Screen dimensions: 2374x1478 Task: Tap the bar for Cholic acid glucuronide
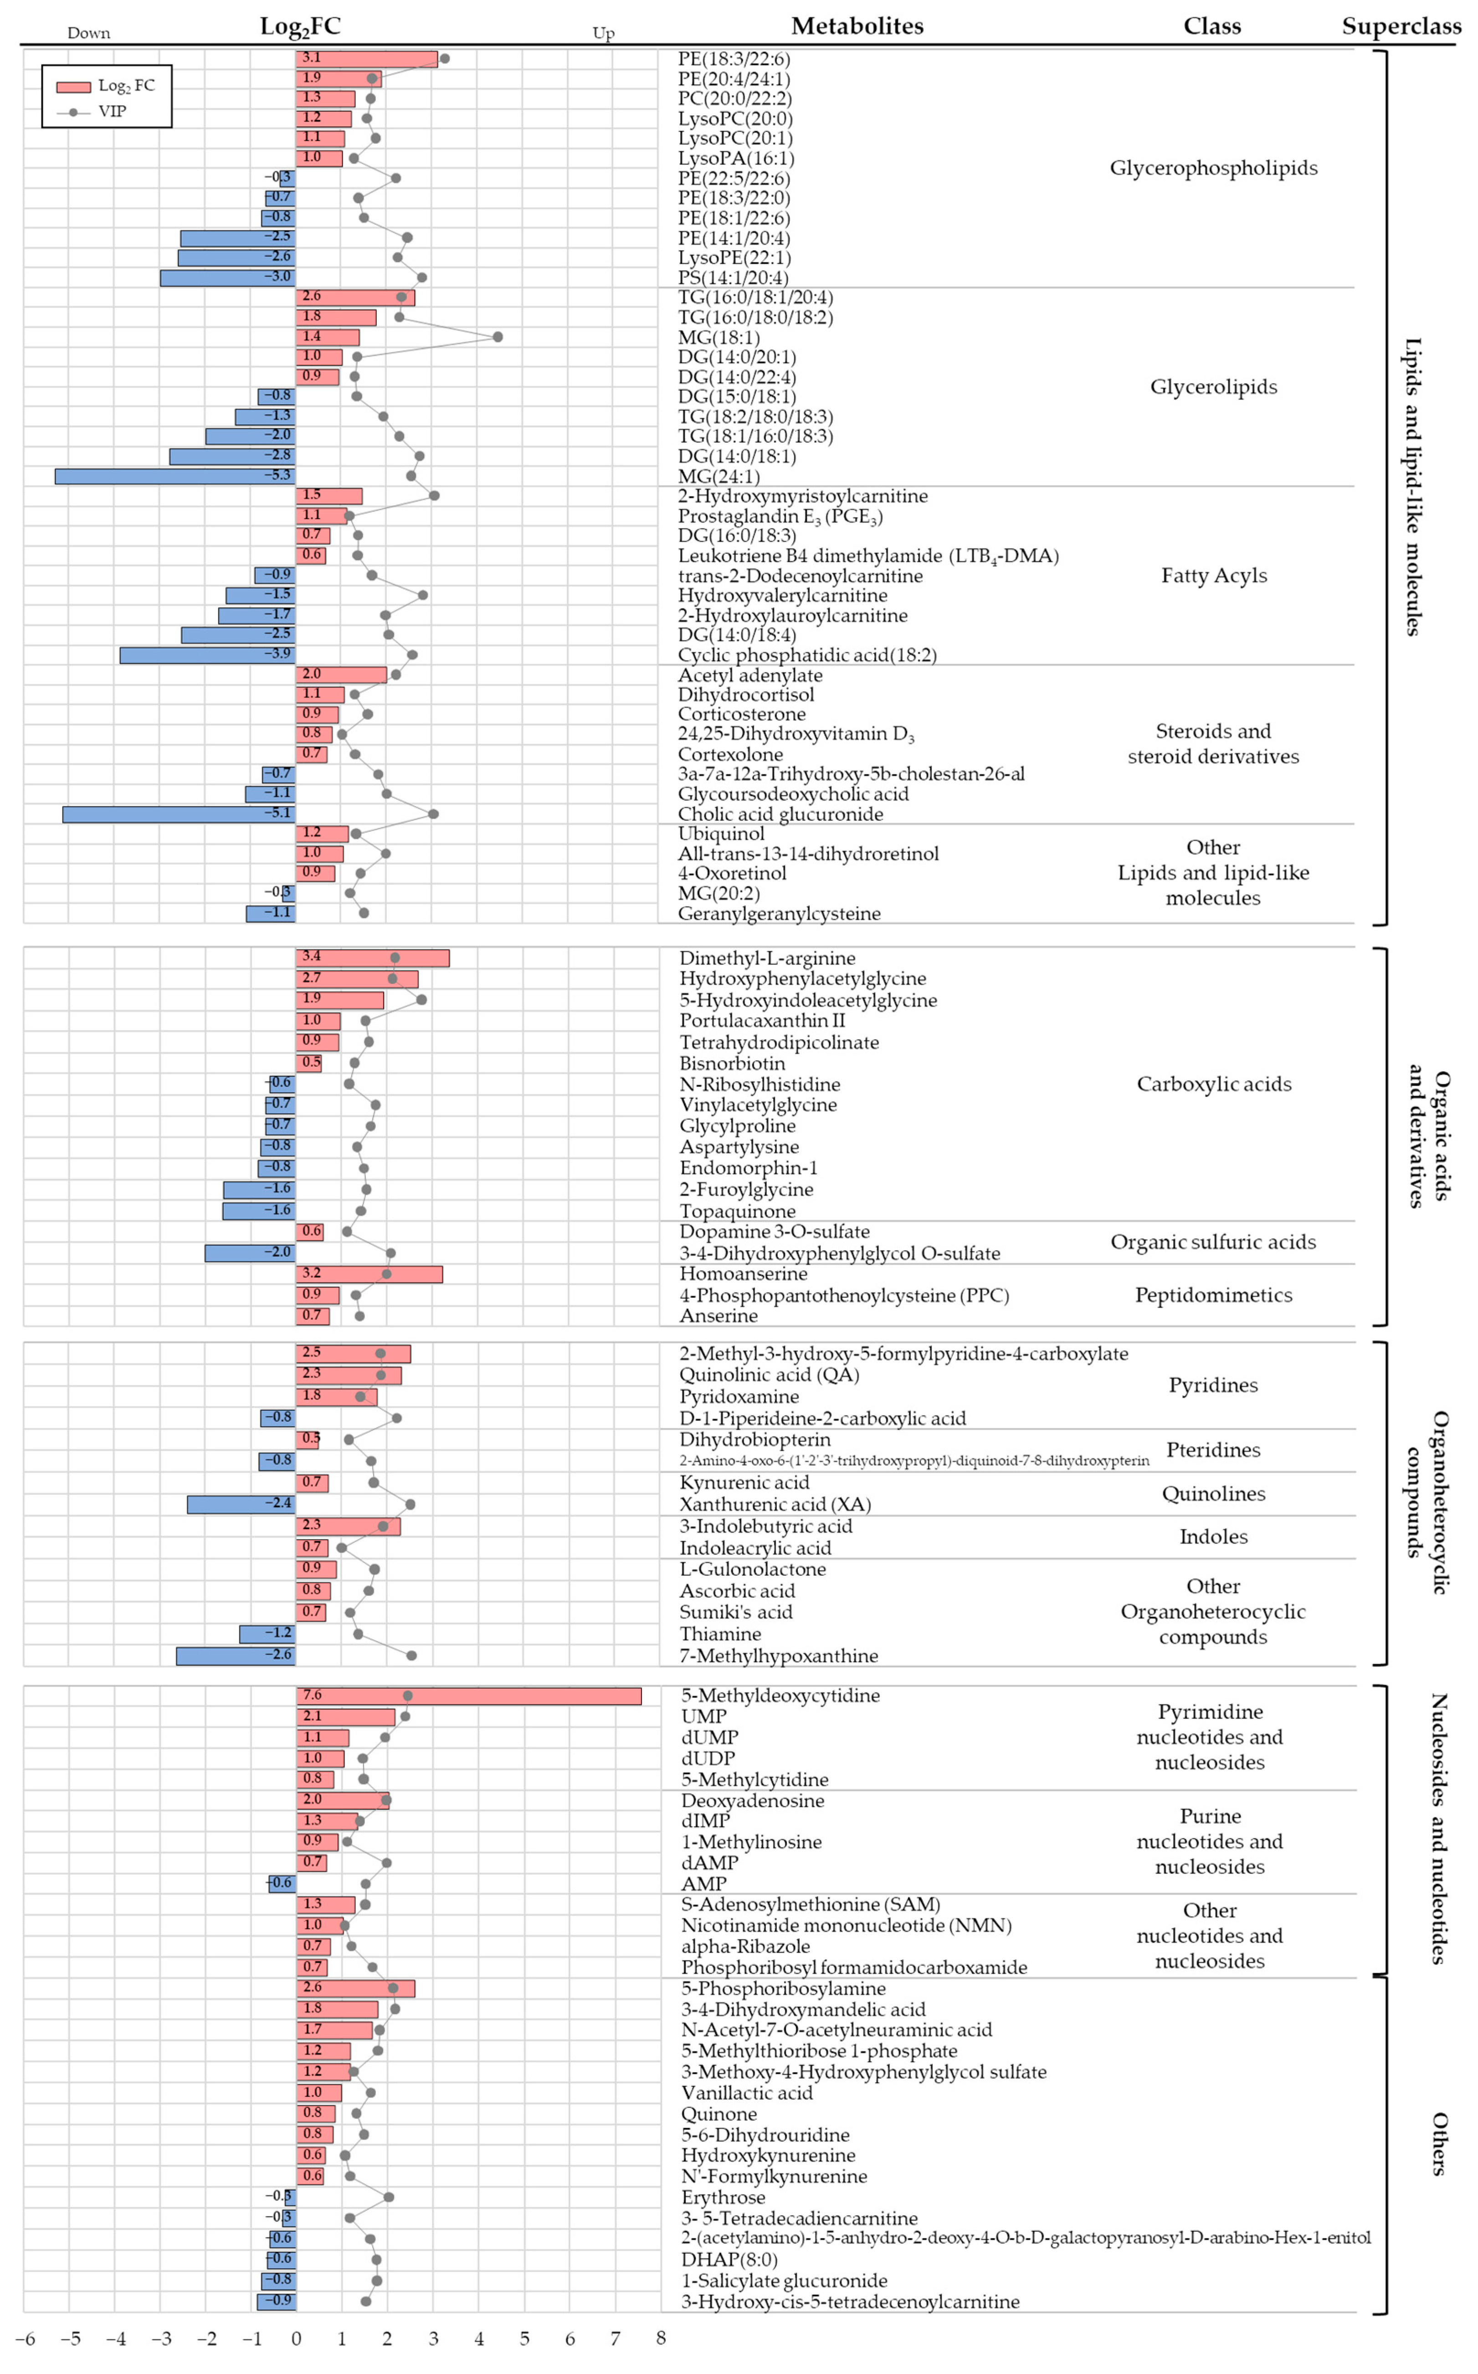179,814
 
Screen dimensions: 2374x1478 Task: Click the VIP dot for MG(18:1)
498,337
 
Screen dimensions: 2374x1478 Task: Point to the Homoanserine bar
369,1275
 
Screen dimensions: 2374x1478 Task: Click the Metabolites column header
857,26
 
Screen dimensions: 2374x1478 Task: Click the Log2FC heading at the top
300,26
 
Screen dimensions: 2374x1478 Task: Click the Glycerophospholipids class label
1213,168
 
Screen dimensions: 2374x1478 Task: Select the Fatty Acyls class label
1213,576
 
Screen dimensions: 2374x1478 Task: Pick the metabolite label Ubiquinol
721,834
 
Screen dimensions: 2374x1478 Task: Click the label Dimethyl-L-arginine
767,959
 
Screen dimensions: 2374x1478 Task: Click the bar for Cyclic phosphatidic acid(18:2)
208,655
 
